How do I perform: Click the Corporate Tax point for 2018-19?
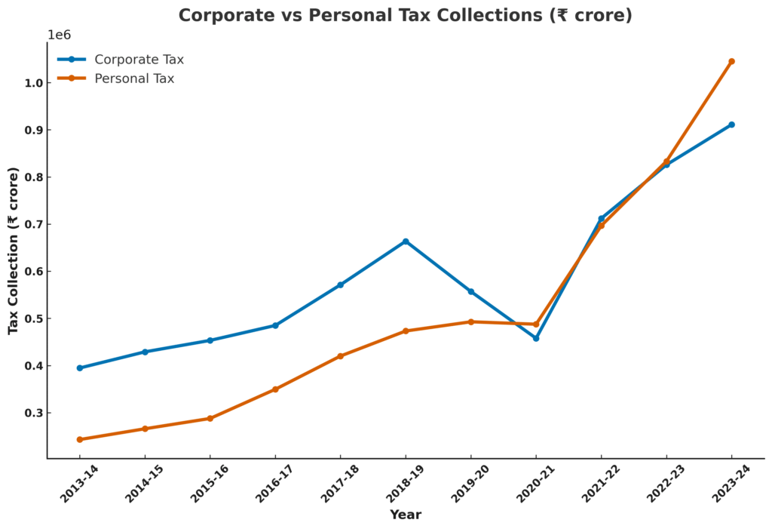pos(406,241)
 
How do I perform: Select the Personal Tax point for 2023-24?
pos(731,62)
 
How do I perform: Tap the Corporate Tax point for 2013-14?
pos(80,368)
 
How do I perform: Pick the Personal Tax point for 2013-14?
pos(80,439)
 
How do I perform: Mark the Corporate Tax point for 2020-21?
pos(536,338)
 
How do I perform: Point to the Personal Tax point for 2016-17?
pos(275,389)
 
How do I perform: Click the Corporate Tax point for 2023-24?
pos(731,125)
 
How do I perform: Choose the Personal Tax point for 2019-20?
pos(471,321)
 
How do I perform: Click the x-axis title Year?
pos(406,515)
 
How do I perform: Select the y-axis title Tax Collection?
pos(14,251)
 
